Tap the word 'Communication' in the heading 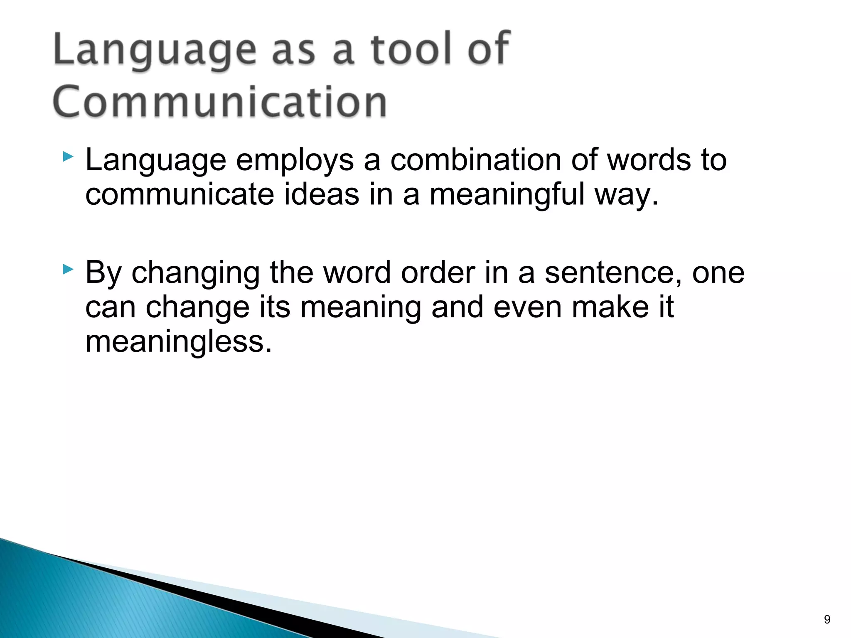[220, 102]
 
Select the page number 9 [827, 620]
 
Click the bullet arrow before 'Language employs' [68, 157]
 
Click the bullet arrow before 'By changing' [68, 270]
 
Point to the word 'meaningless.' [179, 342]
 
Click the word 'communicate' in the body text [180, 195]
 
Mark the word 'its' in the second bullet [275, 307]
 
